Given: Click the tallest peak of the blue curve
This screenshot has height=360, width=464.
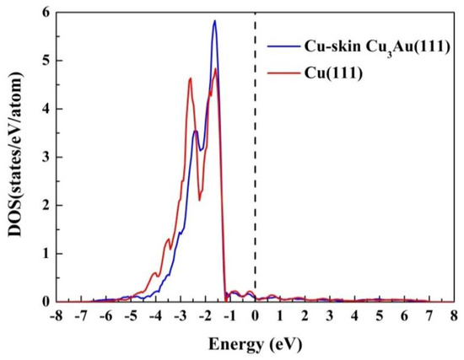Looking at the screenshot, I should [214, 21].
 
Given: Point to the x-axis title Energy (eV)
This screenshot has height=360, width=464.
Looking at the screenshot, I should [255, 346].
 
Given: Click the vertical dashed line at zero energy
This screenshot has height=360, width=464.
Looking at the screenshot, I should [255, 169].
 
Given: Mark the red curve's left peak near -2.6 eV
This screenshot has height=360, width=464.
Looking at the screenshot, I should [190, 79].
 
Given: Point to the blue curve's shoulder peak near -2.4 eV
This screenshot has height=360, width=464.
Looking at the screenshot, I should [195, 132].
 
